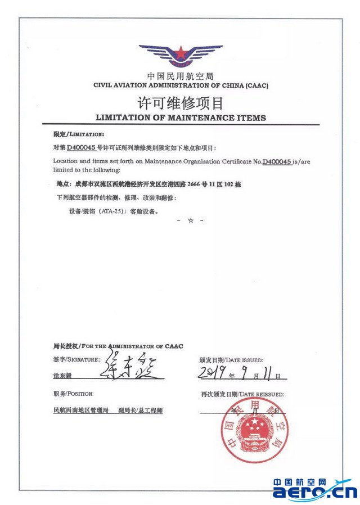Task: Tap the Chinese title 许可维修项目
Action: click(181, 103)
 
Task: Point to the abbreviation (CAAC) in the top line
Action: click(256, 85)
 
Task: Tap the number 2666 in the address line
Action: click(203, 184)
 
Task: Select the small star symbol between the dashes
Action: click(191, 221)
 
